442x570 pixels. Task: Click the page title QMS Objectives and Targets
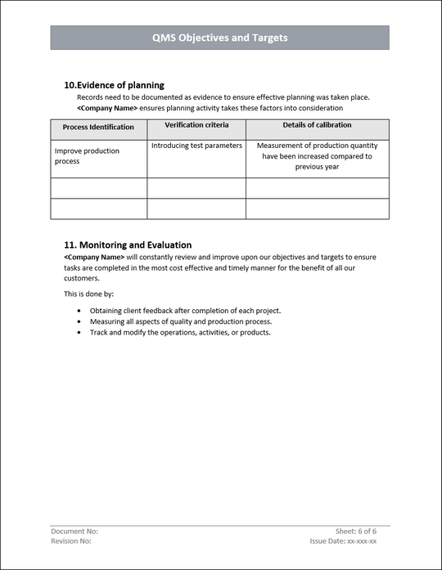[219, 38]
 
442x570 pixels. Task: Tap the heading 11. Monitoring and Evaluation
[128, 245]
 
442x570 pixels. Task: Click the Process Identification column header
[98, 128]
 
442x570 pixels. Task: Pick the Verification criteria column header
[196, 125]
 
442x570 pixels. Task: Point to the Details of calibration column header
[317, 125]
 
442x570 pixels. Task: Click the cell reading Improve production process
[87, 156]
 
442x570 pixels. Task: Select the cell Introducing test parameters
[196, 146]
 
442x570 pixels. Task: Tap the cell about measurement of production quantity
[317, 156]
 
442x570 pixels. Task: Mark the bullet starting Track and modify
[180, 333]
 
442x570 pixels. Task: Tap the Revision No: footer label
[71, 541]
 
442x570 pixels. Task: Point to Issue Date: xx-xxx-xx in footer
[343, 541]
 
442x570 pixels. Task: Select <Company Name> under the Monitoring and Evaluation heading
[94, 257]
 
